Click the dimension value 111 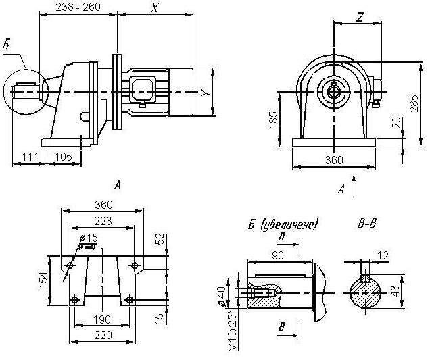29,157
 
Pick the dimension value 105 63,157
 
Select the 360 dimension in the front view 334,160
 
